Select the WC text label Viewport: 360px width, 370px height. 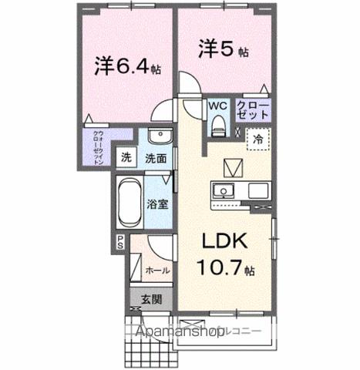coord(216,107)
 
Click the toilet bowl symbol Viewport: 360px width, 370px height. coord(217,123)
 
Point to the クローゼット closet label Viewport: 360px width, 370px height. coord(253,109)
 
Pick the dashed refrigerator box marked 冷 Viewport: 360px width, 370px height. coord(257,141)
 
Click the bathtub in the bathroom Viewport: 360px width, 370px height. coord(128,202)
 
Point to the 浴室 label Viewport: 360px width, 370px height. coord(157,205)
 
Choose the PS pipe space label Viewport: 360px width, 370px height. coord(120,241)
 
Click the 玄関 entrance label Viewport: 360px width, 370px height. coord(151,301)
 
